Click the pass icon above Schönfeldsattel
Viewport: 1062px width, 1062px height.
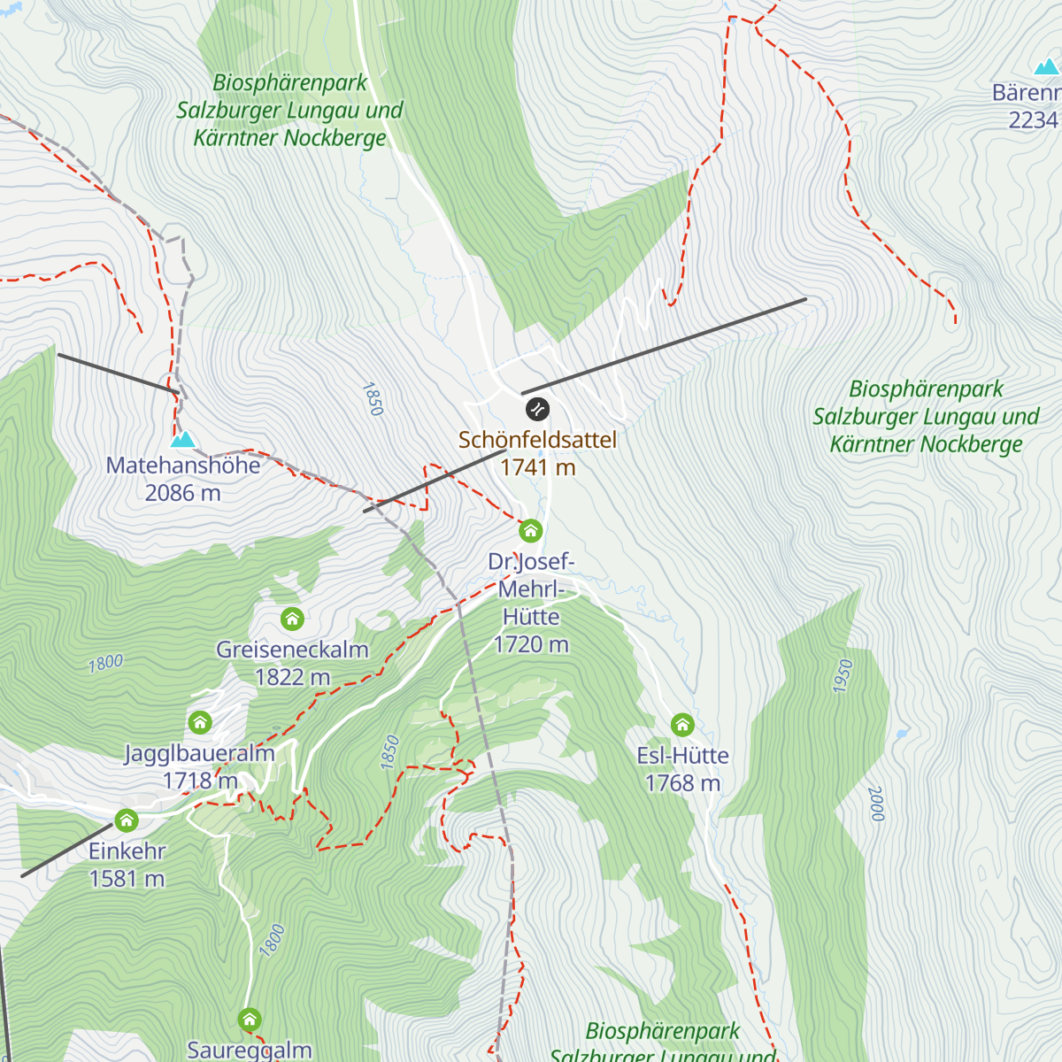click(537, 409)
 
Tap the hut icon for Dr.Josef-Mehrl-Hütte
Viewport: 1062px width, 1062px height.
click(530, 530)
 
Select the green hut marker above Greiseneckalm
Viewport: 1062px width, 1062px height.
click(292, 618)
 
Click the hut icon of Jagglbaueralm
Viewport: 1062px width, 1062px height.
click(200, 722)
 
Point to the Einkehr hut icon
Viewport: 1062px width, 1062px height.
click(127, 820)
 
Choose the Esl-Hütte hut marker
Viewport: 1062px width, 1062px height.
click(681, 725)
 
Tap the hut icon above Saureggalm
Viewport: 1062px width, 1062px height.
click(250, 1020)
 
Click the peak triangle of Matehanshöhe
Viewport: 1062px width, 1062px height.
click(182, 438)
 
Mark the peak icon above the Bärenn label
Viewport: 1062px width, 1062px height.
click(1046, 66)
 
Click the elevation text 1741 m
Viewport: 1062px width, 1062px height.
click(537, 467)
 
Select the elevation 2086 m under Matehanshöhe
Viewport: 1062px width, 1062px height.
click(182, 493)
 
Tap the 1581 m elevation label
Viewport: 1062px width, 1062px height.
click(127, 879)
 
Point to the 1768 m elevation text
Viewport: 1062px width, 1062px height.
click(682, 783)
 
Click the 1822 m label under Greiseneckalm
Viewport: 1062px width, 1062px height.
click(292, 677)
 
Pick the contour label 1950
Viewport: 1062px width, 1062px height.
click(843, 675)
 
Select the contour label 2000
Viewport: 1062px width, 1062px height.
click(876, 804)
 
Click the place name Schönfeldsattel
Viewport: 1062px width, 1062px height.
click(537, 440)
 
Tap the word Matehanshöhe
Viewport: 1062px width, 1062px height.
click(183, 466)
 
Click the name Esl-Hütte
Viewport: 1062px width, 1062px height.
click(682, 756)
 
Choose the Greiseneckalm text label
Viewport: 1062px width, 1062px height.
click(292, 650)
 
